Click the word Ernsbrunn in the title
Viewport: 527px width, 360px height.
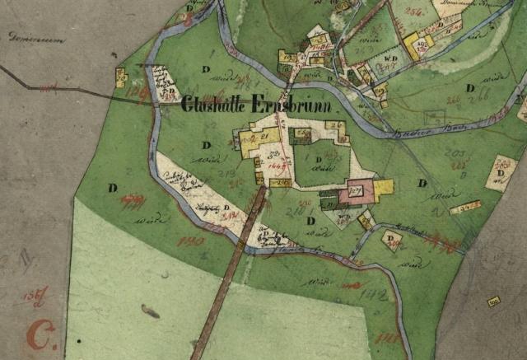click(x=295, y=106)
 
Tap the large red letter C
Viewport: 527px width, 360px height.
click(x=38, y=334)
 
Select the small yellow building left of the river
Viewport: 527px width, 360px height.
click(x=121, y=77)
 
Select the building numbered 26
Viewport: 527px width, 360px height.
click(x=334, y=126)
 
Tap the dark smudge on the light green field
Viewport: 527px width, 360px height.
click(x=151, y=311)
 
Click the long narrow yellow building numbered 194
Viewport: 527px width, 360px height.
click(x=466, y=208)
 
